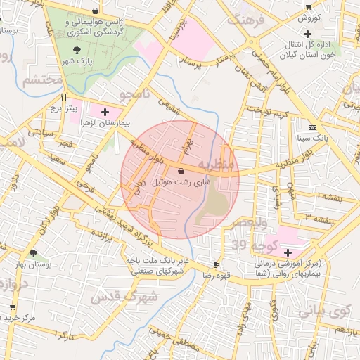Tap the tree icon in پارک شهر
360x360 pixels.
coord(76,49)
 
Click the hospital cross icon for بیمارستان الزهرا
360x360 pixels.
coord(105,111)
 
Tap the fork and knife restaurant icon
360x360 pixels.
coord(65,97)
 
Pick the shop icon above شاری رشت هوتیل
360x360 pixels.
coord(181,171)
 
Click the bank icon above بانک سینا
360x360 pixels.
coord(311,127)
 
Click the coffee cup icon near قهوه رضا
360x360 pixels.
coord(216,265)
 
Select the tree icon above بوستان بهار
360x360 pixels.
coord(33,252)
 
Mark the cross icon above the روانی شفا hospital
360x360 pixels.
coord(287,252)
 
